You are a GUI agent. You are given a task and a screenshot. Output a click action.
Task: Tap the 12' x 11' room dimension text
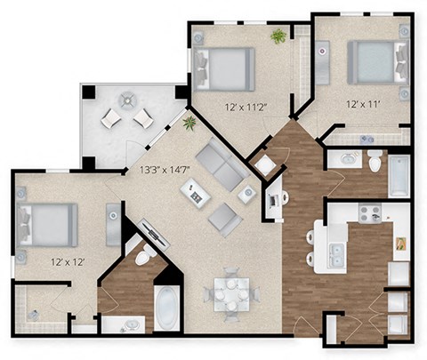(363, 104)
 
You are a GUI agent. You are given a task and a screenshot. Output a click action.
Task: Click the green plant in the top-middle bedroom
(278, 36)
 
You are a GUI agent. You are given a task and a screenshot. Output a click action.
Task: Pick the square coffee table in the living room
(194, 192)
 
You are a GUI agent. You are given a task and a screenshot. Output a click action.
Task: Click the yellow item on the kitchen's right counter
(401, 242)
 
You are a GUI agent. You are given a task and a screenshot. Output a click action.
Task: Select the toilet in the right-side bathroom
(375, 162)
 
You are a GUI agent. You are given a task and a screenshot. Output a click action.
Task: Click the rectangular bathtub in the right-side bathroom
(399, 175)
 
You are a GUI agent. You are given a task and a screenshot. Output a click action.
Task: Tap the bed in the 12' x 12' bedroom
(48, 226)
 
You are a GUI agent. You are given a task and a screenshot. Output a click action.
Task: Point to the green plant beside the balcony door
(189, 122)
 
